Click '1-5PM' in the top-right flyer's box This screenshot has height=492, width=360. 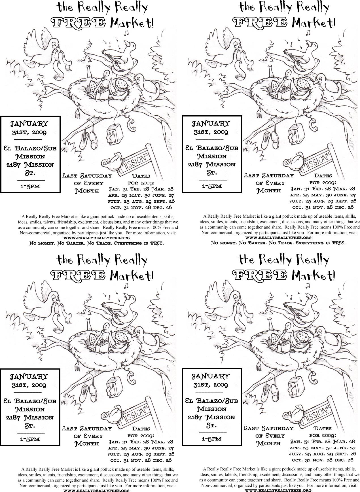(212, 186)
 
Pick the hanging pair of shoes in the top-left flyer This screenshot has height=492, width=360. (88, 139)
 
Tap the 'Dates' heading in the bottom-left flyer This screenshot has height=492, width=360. (141, 429)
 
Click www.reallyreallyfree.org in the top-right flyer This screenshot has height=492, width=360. (278, 238)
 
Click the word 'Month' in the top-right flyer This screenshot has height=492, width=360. (269, 191)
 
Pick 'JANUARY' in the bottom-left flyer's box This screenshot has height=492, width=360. (29, 377)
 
